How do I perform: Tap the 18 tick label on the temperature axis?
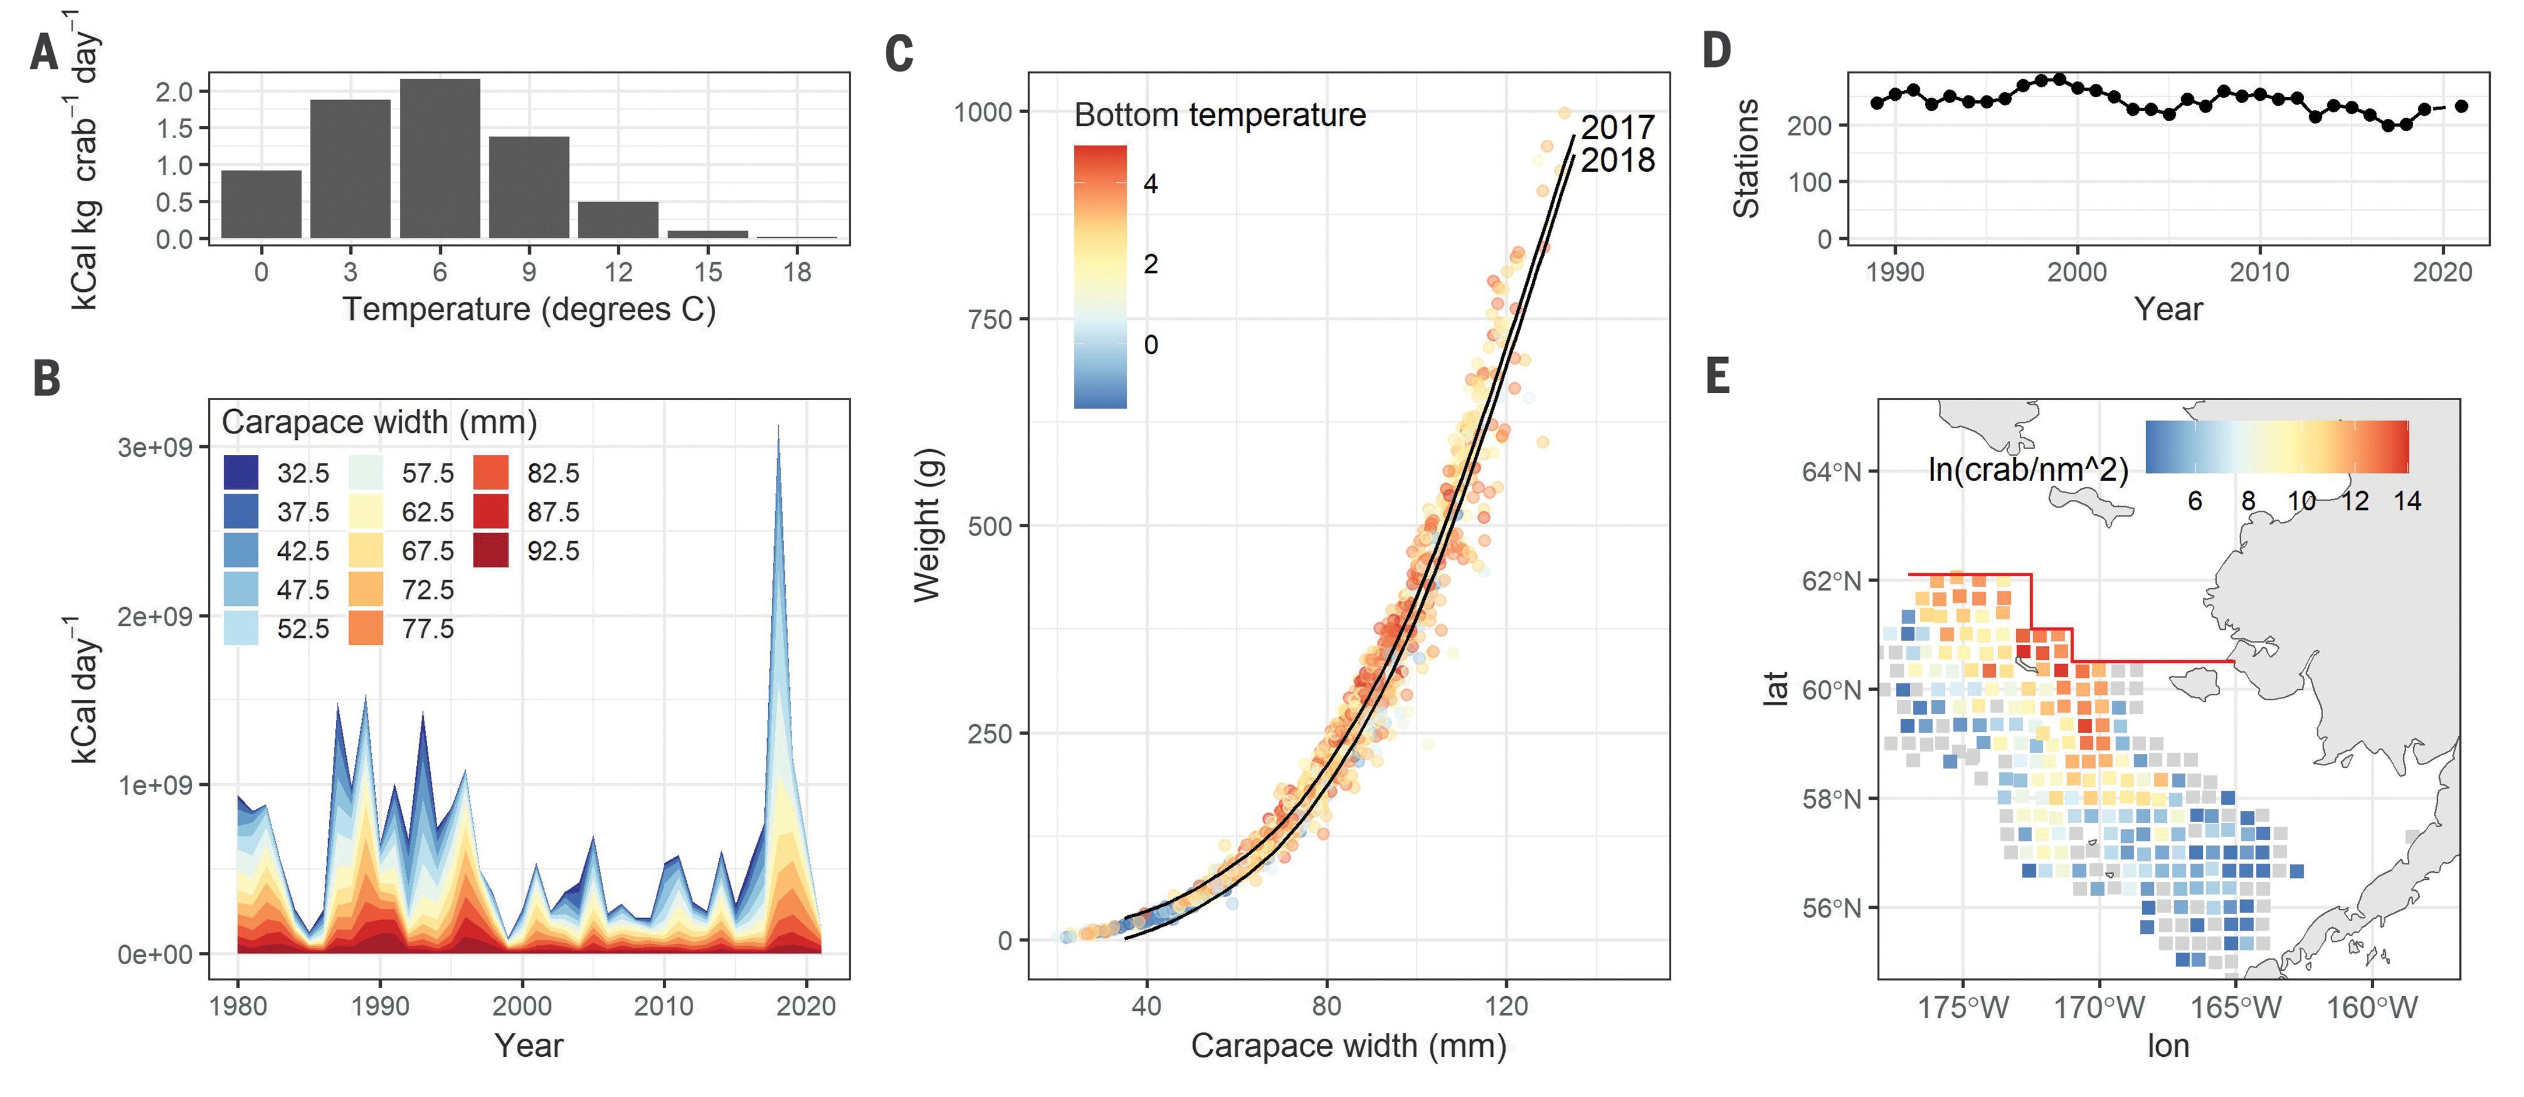coord(797,271)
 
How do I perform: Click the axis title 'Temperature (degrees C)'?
coord(529,309)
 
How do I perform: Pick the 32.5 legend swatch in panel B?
coord(241,472)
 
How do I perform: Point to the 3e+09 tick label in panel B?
coord(155,447)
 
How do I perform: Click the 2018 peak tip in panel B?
coord(779,427)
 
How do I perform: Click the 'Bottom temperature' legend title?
coord(1220,115)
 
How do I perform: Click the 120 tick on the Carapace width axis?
coord(1506,1006)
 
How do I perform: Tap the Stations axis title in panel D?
coord(1746,158)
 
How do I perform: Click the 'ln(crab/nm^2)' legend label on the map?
coord(2027,470)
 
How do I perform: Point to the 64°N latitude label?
coord(1830,472)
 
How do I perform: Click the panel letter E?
coord(1718,377)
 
